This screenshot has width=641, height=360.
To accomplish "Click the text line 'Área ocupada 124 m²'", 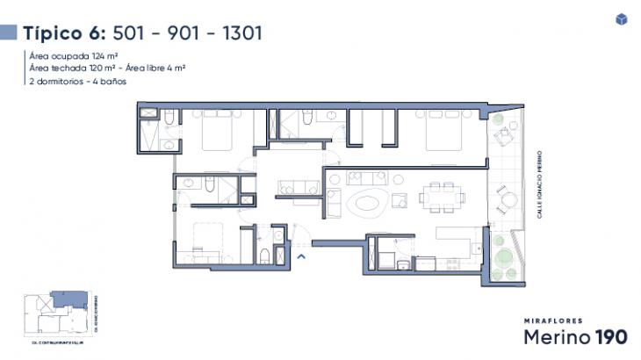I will [74, 55].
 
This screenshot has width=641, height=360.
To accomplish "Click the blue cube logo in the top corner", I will [622, 19].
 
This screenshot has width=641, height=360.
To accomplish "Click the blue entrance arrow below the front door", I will [301, 256].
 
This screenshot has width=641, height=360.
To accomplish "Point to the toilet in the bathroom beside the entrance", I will [266, 256].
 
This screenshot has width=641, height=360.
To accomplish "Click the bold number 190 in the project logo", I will [609, 336].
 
